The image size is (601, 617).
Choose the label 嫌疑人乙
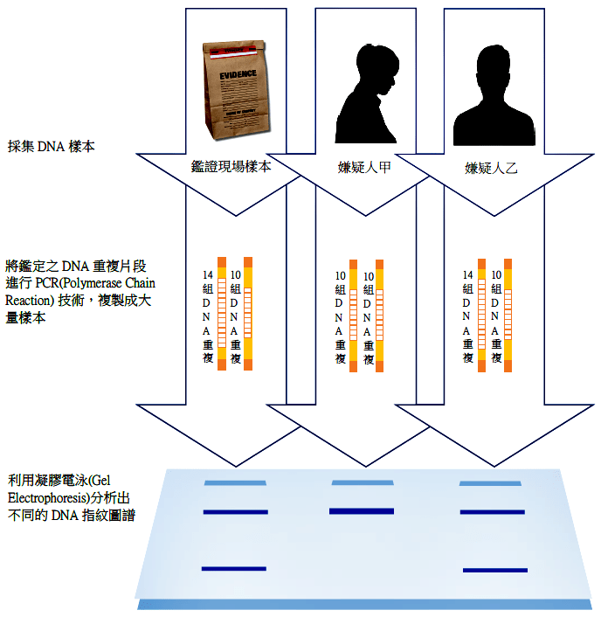(x=491, y=168)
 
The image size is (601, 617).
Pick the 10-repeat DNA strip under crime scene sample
(x=247, y=313)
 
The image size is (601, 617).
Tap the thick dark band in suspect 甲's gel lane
(x=362, y=511)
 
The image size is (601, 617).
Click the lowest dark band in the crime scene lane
(x=233, y=569)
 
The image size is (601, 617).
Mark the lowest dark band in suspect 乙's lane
(x=495, y=571)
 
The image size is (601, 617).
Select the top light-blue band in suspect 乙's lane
(x=490, y=482)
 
